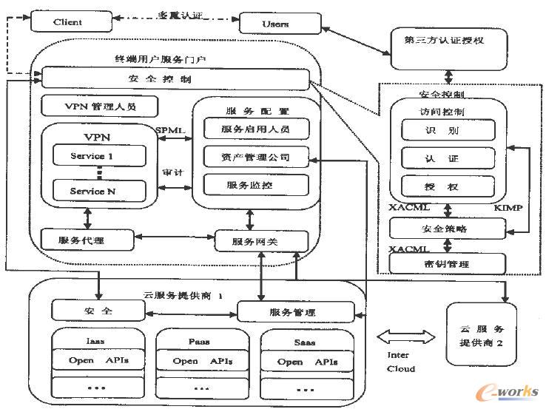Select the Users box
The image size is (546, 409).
click(275, 24)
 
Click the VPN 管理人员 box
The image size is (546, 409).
click(100, 107)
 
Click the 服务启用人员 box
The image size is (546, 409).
click(255, 129)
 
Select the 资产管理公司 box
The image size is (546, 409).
click(255, 157)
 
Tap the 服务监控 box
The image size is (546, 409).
click(255, 184)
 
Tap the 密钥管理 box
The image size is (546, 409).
click(448, 263)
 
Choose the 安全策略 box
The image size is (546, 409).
click(448, 229)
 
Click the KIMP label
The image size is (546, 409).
click(508, 209)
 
